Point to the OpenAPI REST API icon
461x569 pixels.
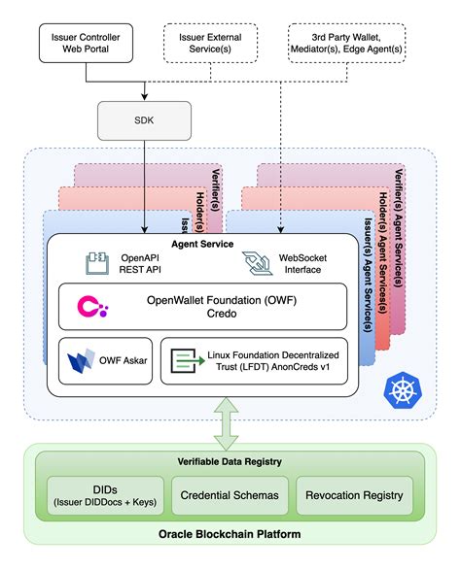tap(94, 262)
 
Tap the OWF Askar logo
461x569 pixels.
tap(80, 365)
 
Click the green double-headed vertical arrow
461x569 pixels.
tap(230, 424)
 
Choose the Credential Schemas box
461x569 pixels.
tap(230, 495)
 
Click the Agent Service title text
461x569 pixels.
tap(197, 243)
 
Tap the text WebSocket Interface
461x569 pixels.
tap(299, 262)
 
